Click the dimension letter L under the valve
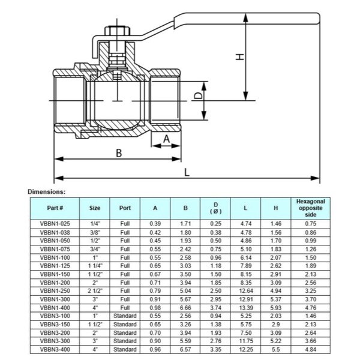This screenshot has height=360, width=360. point(187,172)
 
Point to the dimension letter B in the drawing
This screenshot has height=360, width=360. point(119,152)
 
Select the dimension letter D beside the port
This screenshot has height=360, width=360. point(195,95)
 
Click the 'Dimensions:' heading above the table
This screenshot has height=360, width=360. point(46,191)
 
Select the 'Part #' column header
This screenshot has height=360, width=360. point(55,208)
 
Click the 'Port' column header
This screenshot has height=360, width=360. point(125,208)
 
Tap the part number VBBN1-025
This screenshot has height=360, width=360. point(55,223)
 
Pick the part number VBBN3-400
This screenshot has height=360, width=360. point(55,348)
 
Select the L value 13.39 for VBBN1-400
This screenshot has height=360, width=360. point(246,307)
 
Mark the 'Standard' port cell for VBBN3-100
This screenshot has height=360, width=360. point(125,315)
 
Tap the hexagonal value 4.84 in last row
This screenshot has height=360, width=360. point(311,348)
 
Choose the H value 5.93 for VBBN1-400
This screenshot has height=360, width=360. point(275,307)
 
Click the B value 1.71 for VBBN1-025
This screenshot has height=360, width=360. point(185,223)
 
